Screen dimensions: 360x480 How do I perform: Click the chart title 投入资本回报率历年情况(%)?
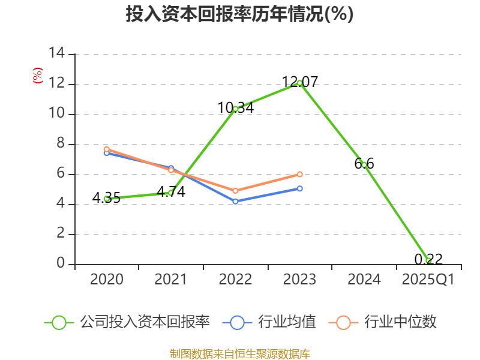pos(239,14)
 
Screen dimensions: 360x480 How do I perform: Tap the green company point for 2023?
pos(299,83)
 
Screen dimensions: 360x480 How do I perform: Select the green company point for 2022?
pos(236,109)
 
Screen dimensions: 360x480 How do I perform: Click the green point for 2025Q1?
pos(428,260)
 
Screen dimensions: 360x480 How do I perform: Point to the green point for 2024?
pos(364,164)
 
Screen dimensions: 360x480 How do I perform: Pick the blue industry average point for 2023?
pos(299,188)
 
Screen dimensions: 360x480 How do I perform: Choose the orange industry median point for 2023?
pos(299,174)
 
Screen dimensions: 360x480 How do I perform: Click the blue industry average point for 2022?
pos(236,201)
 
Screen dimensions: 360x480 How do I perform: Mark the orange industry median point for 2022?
pos(236,191)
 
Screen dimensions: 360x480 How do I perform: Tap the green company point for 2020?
pos(107,199)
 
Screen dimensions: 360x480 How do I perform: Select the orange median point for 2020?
pos(107,149)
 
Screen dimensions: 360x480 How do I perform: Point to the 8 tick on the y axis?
pos(60,144)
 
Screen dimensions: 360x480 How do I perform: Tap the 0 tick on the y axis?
pos(60,264)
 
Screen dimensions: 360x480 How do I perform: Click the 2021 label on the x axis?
pos(171,280)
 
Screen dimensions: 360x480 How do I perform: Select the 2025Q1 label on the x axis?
pos(428,280)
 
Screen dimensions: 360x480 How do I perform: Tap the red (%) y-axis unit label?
pos(37,76)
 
